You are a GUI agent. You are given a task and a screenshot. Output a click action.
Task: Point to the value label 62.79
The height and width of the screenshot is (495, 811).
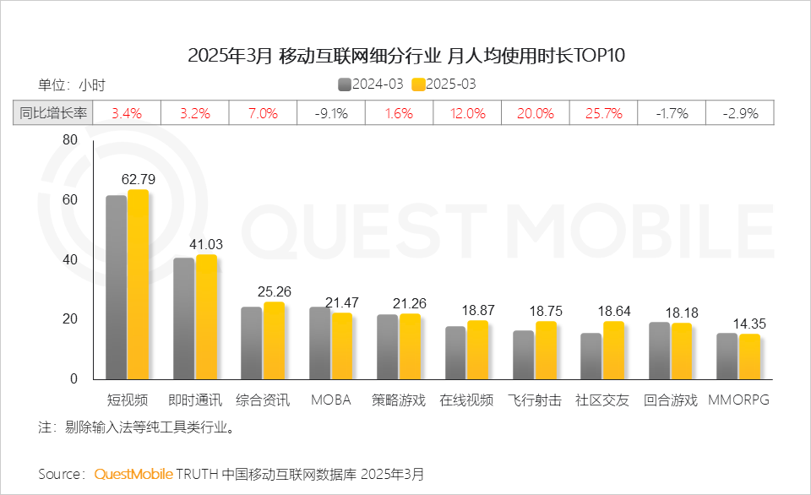point(139,180)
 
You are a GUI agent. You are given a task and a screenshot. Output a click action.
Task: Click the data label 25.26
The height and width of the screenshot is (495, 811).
point(275,292)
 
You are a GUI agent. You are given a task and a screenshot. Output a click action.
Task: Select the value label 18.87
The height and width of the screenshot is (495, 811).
point(478,311)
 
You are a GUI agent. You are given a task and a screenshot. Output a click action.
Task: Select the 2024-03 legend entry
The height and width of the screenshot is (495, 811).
point(372,84)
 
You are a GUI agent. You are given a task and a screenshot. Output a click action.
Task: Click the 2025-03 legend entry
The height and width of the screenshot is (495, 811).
point(444,84)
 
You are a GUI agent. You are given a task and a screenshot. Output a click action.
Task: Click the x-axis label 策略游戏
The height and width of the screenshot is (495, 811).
point(399,400)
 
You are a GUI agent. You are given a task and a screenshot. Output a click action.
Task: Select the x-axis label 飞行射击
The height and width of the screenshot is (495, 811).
point(535,400)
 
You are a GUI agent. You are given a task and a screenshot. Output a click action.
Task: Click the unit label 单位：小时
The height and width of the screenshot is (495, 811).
point(72,84)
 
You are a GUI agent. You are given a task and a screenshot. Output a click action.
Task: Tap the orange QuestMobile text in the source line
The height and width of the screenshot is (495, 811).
point(133,474)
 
